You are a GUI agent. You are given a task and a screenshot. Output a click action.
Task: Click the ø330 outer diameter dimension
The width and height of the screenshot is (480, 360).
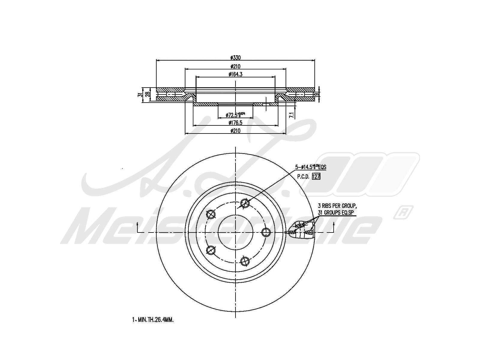235,58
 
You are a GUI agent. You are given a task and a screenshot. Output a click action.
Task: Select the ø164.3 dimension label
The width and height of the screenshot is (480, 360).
235,74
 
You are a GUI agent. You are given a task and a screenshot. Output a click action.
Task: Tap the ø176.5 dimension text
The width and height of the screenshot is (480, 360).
235,122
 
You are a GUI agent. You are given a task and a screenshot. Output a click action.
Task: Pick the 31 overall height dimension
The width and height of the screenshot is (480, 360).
139,95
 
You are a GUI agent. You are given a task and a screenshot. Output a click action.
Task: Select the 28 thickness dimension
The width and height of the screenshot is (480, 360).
147,94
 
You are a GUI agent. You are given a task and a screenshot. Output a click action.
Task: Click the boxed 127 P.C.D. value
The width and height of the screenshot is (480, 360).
316,177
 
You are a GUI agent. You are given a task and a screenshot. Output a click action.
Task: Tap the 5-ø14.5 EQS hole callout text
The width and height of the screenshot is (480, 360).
310,167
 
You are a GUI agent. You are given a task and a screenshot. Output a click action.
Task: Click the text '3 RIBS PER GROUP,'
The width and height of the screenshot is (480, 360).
337,206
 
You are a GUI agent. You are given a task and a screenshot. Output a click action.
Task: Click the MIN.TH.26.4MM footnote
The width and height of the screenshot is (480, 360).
153,320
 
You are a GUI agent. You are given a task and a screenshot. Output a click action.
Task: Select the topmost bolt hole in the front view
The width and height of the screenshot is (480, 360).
245,203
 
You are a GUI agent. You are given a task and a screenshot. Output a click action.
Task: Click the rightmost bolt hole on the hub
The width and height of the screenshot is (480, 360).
266,232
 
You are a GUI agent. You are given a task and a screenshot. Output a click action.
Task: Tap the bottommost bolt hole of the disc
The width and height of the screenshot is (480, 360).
245,261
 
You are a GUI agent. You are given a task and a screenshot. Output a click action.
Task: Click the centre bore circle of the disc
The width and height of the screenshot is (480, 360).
235,232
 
